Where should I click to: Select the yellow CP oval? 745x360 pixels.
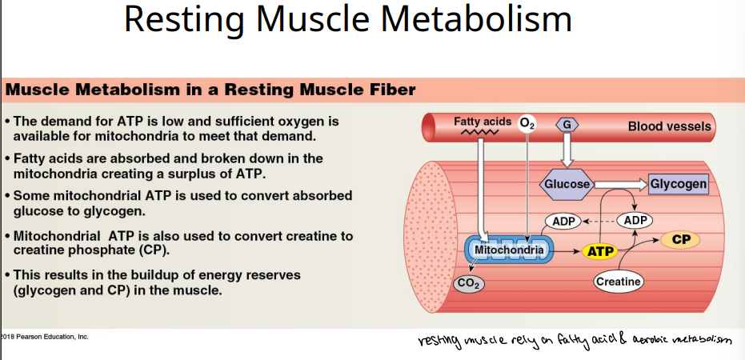click(x=681, y=239)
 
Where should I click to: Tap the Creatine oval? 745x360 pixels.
click(x=619, y=281)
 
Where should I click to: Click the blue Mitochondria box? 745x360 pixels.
click(x=509, y=251)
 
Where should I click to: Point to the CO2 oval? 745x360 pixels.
click(x=468, y=282)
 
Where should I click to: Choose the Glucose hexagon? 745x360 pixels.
click(x=567, y=185)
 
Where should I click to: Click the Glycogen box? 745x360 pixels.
click(x=678, y=185)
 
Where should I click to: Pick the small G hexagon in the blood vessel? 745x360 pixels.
click(x=566, y=125)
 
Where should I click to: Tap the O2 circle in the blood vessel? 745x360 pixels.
click(x=527, y=124)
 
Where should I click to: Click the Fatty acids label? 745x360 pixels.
click(x=482, y=122)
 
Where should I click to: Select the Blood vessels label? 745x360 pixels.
click(x=669, y=126)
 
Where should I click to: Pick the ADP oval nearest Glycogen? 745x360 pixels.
click(x=635, y=220)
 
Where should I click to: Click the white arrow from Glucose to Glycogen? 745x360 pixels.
click(x=621, y=185)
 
